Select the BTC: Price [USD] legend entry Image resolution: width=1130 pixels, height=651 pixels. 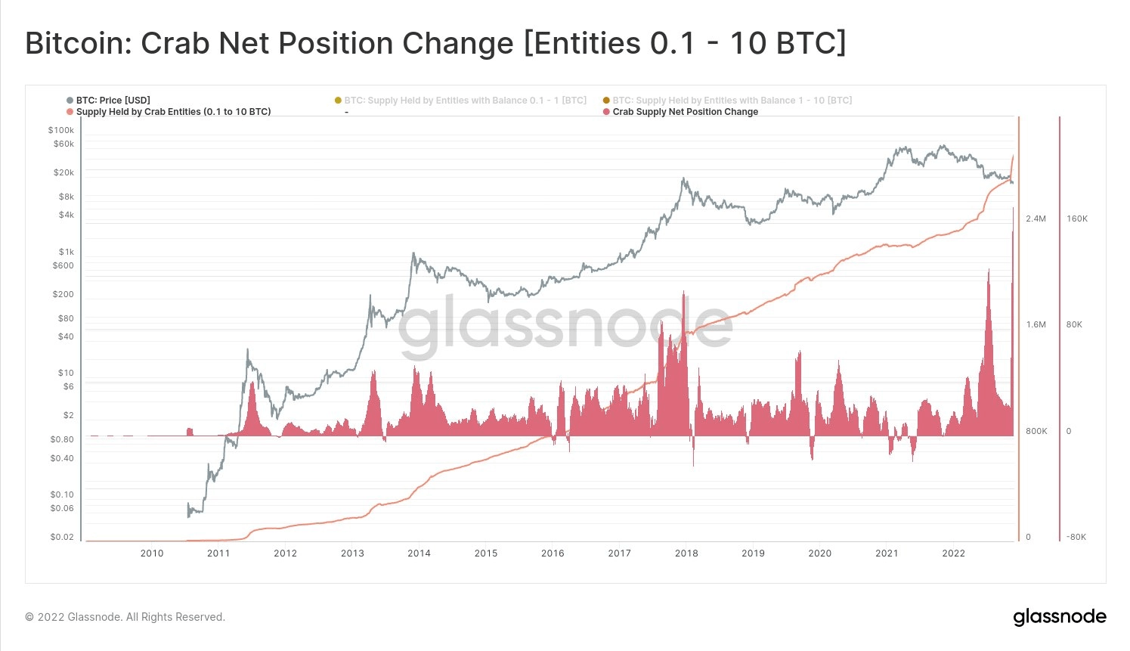point(113,100)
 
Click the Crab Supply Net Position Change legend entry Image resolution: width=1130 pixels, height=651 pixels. point(685,111)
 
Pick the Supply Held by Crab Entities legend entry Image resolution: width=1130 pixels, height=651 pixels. point(173,111)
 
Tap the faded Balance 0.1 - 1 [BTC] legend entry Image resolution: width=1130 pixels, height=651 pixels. point(465,100)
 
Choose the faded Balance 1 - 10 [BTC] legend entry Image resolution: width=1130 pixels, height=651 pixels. point(732,100)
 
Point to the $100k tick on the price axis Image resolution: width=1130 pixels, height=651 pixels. point(61,130)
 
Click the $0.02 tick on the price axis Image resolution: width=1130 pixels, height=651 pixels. point(62,537)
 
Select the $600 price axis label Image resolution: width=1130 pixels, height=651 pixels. point(63,265)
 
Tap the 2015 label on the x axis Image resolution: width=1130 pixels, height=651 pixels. point(486,553)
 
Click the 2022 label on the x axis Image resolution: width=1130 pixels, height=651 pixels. point(953,553)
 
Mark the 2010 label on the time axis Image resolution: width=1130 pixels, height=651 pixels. point(152,553)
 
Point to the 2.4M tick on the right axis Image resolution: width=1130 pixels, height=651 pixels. point(1036,219)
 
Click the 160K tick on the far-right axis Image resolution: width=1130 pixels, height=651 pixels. point(1077,219)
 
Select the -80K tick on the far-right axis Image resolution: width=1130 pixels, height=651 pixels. point(1076,537)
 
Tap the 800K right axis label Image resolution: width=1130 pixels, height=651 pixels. point(1036,431)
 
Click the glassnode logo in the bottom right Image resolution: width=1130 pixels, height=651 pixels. point(1059,617)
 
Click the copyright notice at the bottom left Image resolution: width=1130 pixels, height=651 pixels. point(125,617)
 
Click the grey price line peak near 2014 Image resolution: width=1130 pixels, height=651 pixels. point(413,255)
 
